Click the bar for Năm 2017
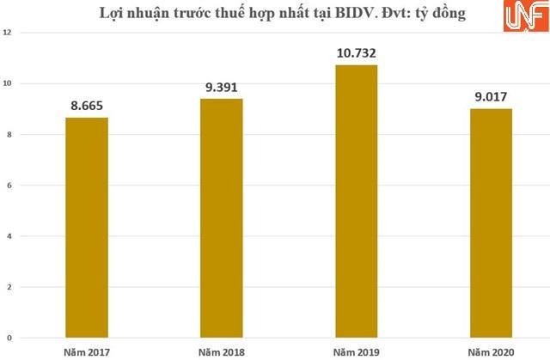click(87, 227)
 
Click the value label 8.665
click(87, 106)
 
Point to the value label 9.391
click(221, 87)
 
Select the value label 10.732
click(356, 53)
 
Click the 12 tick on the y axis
click(9, 33)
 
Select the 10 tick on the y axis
click(9, 83)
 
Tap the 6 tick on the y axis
click(9, 185)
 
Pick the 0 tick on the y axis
click(9, 338)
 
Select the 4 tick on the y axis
click(9, 235)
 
